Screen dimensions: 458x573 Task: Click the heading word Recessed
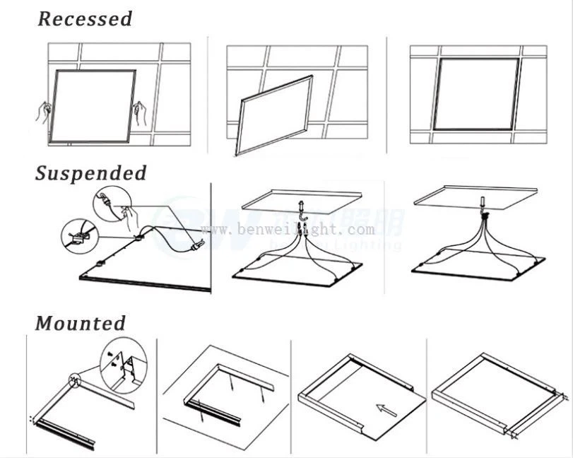pyautogui.click(x=85, y=19)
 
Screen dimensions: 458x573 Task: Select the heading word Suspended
pyautogui.click(x=91, y=173)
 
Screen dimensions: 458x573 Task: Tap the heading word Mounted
pyautogui.click(x=81, y=324)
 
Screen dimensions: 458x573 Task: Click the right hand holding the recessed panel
pyautogui.click(x=141, y=112)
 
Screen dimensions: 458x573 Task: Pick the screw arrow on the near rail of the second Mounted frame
pyautogui.click(x=201, y=409)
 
